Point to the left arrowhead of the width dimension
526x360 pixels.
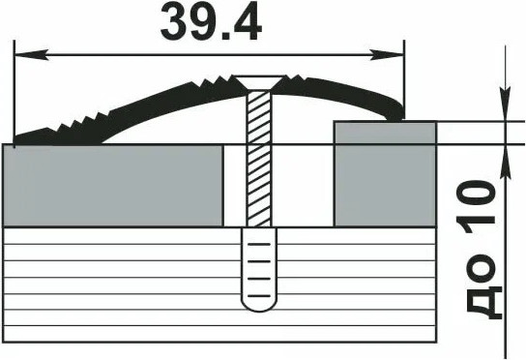click(31, 54)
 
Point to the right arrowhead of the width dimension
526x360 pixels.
click(387, 54)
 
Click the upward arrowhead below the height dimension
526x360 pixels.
click(505, 162)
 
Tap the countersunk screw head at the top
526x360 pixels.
click(258, 82)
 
